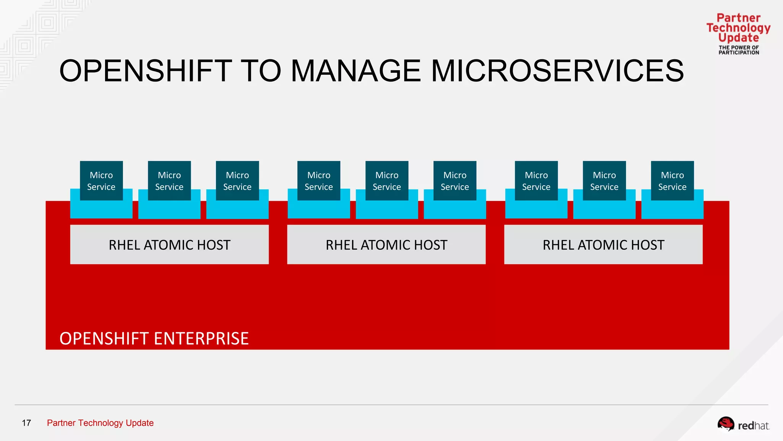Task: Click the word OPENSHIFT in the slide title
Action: [146, 71]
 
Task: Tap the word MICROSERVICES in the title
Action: [557, 71]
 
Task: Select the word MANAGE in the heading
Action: [356, 71]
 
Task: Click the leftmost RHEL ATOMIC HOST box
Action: [169, 245]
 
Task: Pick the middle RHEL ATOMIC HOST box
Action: [386, 245]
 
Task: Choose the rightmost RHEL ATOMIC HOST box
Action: [603, 245]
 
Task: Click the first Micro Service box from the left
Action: [101, 181]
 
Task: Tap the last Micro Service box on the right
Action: [672, 181]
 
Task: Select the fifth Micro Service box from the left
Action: [387, 181]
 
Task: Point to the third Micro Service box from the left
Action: [237, 181]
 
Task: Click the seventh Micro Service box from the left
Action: [536, 181]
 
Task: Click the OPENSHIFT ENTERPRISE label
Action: [154, 338]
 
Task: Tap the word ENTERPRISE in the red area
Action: [201, 338]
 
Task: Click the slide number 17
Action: [26, 423]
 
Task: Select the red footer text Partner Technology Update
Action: [100, 423]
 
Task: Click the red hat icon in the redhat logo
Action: [725, 424]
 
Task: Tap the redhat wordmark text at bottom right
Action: [753, 426]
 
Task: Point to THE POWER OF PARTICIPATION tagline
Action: [739, 50]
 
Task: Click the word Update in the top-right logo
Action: [738, 38]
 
